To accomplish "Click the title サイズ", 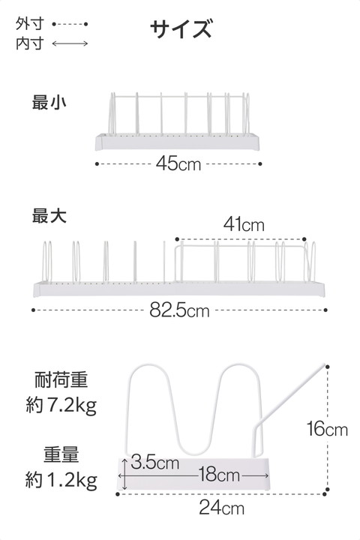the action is tap(181, 28).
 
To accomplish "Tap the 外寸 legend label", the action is tap(30, 24).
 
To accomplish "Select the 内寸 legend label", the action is tap(30, 43).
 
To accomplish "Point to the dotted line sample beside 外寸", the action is tap(70, 24).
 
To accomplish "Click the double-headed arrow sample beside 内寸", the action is tap(70, 43).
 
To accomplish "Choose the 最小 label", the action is tap(49, 103).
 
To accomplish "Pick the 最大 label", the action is tap(49, 215).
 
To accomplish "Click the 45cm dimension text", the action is tap(178, 163).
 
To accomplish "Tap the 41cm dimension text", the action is tap(244, 224).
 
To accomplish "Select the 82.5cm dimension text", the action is tap(179, 310).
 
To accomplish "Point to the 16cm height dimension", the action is tap(327, 429).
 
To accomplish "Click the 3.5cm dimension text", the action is tap(154, 462).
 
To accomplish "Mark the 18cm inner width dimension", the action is tap(219, 475).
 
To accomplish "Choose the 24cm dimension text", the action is tap(222, 508).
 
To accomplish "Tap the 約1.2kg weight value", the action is tap(61, 480).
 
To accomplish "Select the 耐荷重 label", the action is tap(61, 379).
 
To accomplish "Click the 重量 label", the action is tap(61, 454).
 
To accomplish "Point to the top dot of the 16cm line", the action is tap(327, 367).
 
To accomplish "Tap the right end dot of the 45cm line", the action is tap(260, 164).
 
